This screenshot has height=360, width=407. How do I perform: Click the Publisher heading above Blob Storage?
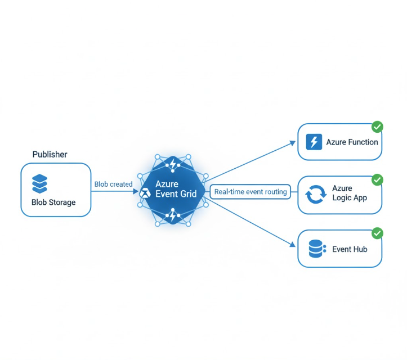(50, 154)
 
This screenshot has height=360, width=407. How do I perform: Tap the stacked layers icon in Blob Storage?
(40, 184)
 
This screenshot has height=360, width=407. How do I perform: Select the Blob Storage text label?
(53, 202)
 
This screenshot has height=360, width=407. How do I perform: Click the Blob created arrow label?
(113, 184)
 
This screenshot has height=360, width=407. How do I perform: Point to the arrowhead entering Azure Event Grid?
(135, 192)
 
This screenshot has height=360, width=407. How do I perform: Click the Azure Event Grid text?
(175, 189)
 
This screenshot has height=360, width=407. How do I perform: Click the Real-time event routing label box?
(251, 192)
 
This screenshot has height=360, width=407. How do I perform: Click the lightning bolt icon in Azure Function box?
(313, 142)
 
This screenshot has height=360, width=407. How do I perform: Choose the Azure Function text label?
(352, 142)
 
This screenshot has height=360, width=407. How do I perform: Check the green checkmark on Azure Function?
(377, 127)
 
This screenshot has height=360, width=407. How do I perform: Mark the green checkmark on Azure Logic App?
(377, 179)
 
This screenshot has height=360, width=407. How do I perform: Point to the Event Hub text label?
(350, 249)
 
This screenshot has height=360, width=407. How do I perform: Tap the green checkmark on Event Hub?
(377, 233)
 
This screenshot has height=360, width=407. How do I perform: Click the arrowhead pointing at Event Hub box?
(292, 245)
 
